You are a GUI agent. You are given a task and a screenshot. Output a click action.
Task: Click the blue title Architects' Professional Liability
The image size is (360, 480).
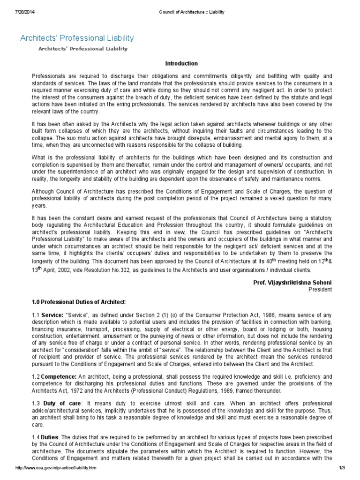coord(77,38)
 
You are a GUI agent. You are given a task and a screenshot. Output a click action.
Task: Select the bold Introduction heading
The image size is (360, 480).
coord(182,63)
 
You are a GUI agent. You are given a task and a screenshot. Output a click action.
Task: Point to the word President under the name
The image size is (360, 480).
coord(320,289)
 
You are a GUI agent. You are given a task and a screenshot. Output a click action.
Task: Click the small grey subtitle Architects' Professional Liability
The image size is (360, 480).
coord(82,49)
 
